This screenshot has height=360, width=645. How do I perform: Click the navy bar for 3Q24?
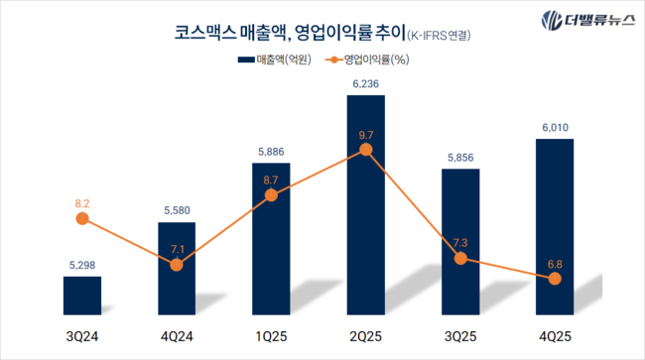(82, 297)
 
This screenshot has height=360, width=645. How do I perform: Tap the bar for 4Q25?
(555, 227)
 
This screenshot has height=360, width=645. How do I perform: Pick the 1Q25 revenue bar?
(271, 238)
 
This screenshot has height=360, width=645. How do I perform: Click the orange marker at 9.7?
(365, 150)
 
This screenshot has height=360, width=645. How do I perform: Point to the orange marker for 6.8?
(555, 279)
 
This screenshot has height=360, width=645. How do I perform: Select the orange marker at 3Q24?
(82, 219)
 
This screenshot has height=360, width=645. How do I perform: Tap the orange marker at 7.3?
(460, 258)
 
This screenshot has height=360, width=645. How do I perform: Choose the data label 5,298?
(82, 266)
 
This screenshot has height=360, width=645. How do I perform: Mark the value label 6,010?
(555, 128)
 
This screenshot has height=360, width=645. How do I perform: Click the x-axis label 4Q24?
(176, 335)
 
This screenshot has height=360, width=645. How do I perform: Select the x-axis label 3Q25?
(460, 335)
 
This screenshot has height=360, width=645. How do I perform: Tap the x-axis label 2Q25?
(365, 335)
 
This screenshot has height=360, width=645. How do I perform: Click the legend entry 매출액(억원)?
(276, 60)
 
